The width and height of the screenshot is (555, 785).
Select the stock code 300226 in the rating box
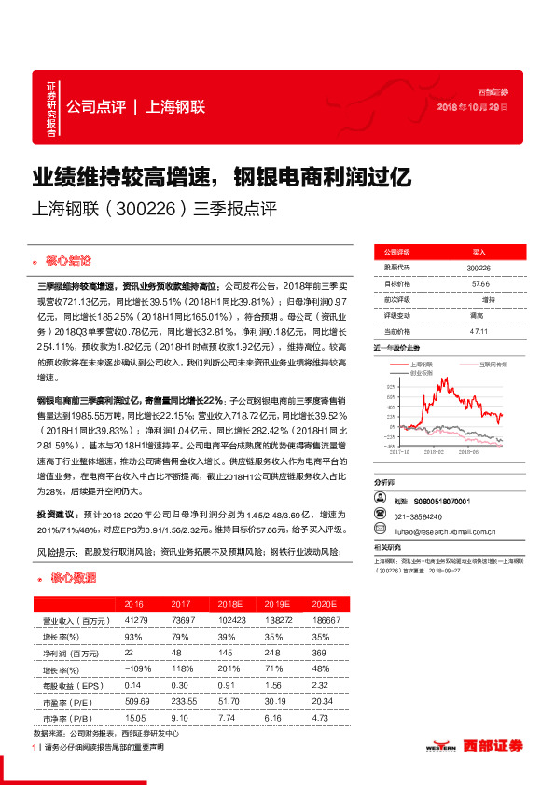[x=479, y=268]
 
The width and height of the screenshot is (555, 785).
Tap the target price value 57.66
[x=479, y=283]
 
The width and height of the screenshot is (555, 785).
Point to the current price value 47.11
[x=479, y=330]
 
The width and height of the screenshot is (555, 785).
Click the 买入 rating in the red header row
[x=479, y=252]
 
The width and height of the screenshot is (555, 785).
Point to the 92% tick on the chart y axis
[x=388, y=384]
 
